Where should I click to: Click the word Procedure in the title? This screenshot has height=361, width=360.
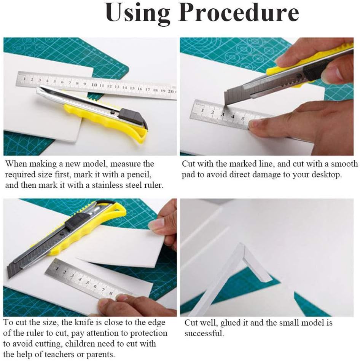pyautogui.click(x=239, y=13)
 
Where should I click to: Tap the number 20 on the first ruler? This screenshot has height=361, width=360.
pyautogui.click(x=170, y=91)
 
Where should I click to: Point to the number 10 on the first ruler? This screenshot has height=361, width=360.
pyautogui.click(x=94, y=85)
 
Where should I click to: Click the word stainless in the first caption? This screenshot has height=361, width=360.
pyautogui.click(x=107, y=185)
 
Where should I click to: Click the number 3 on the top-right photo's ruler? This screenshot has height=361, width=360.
pyautogui.click(x=223, y=114)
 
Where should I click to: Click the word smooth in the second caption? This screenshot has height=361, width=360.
pyautogui.click(x=344, y=164)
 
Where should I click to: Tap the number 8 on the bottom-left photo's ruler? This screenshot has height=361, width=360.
pyautogui.click(x=111, y=293)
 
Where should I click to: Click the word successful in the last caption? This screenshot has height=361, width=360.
pyautogui.click(x=204, y=333)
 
